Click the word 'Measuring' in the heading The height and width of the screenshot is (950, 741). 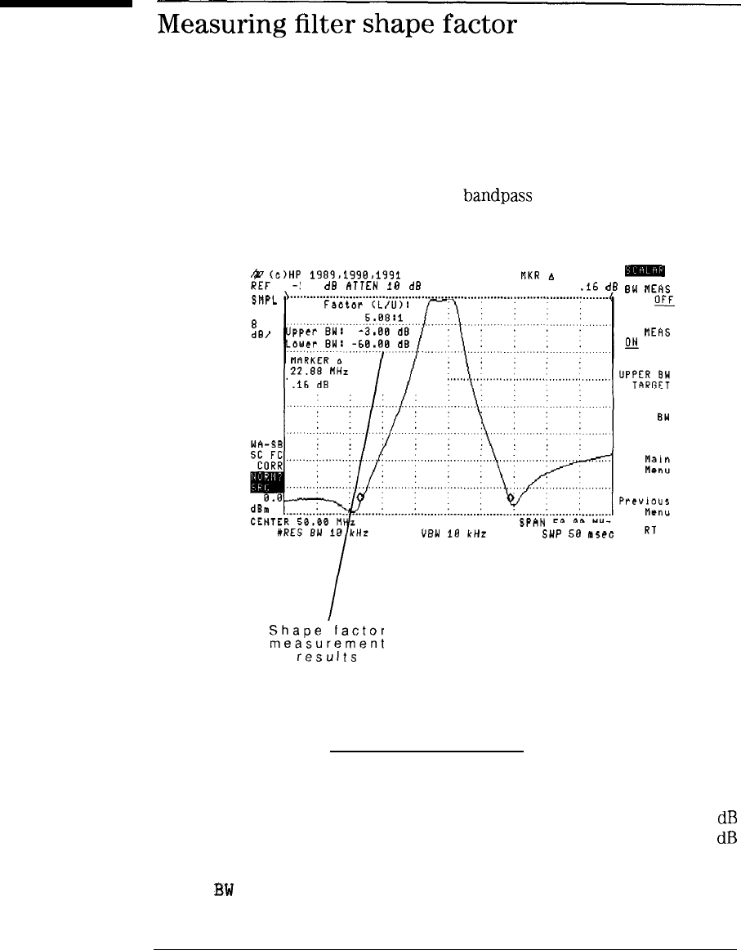click(212, 26)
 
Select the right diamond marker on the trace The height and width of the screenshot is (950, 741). click(511, 497)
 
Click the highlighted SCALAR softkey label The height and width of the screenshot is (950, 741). click(645, 272)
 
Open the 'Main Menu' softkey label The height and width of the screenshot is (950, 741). click(657, 464)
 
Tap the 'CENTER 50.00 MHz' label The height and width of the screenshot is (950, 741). click(301, 522)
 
